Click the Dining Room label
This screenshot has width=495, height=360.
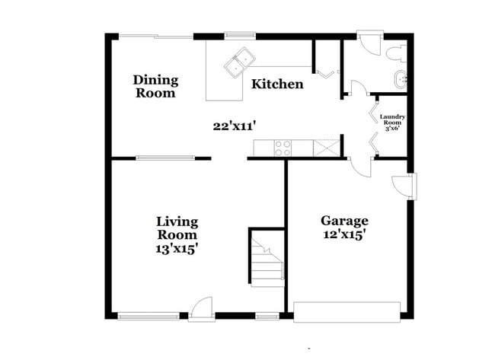point(155,86)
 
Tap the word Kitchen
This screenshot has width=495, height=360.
point(277,84)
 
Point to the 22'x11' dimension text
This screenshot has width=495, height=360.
point(233,126)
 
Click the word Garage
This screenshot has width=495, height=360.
point(343,221)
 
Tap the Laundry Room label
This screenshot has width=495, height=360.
point(393,122)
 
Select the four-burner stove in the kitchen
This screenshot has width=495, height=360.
point(283,148)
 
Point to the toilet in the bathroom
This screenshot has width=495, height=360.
point(394,54)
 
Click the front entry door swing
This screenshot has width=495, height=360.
point(202,307)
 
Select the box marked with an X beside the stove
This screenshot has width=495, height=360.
point(326,148)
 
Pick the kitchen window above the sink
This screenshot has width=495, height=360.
point(239,35)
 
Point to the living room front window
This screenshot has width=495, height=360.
point(148,315)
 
